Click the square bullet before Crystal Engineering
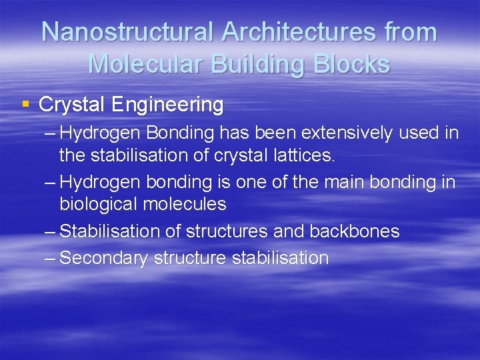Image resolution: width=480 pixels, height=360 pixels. pos(25,105)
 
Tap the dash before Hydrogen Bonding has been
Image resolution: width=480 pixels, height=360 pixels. pos(50,133)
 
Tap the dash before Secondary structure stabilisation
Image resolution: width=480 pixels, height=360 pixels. pos(50,259)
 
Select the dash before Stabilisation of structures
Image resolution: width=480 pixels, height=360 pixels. pos(50,231)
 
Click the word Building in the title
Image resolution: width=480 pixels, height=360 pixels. pos(261,63)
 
